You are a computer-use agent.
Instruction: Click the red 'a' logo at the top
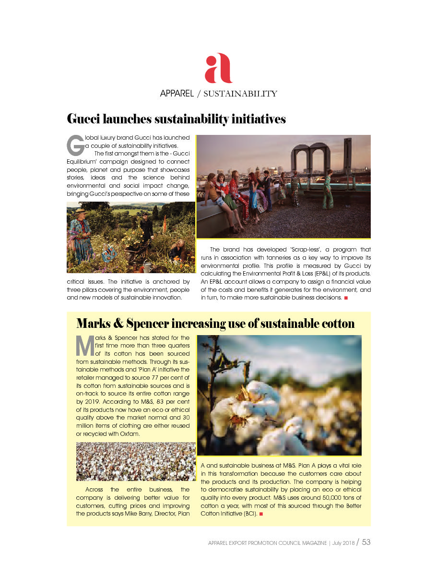(218, 69)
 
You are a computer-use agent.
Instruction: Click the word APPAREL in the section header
(177, 94)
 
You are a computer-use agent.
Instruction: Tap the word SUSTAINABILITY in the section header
(240, 94)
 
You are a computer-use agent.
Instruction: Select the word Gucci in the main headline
(85, 119)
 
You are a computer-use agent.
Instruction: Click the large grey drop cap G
(74, 143)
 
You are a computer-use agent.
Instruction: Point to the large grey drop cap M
(84, 345)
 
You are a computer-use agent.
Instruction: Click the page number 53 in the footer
(366, 542)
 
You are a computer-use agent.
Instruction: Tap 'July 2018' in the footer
(342, 543)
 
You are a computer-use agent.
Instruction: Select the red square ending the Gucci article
(345, 298)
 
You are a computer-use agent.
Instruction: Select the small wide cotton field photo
(136, 461)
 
